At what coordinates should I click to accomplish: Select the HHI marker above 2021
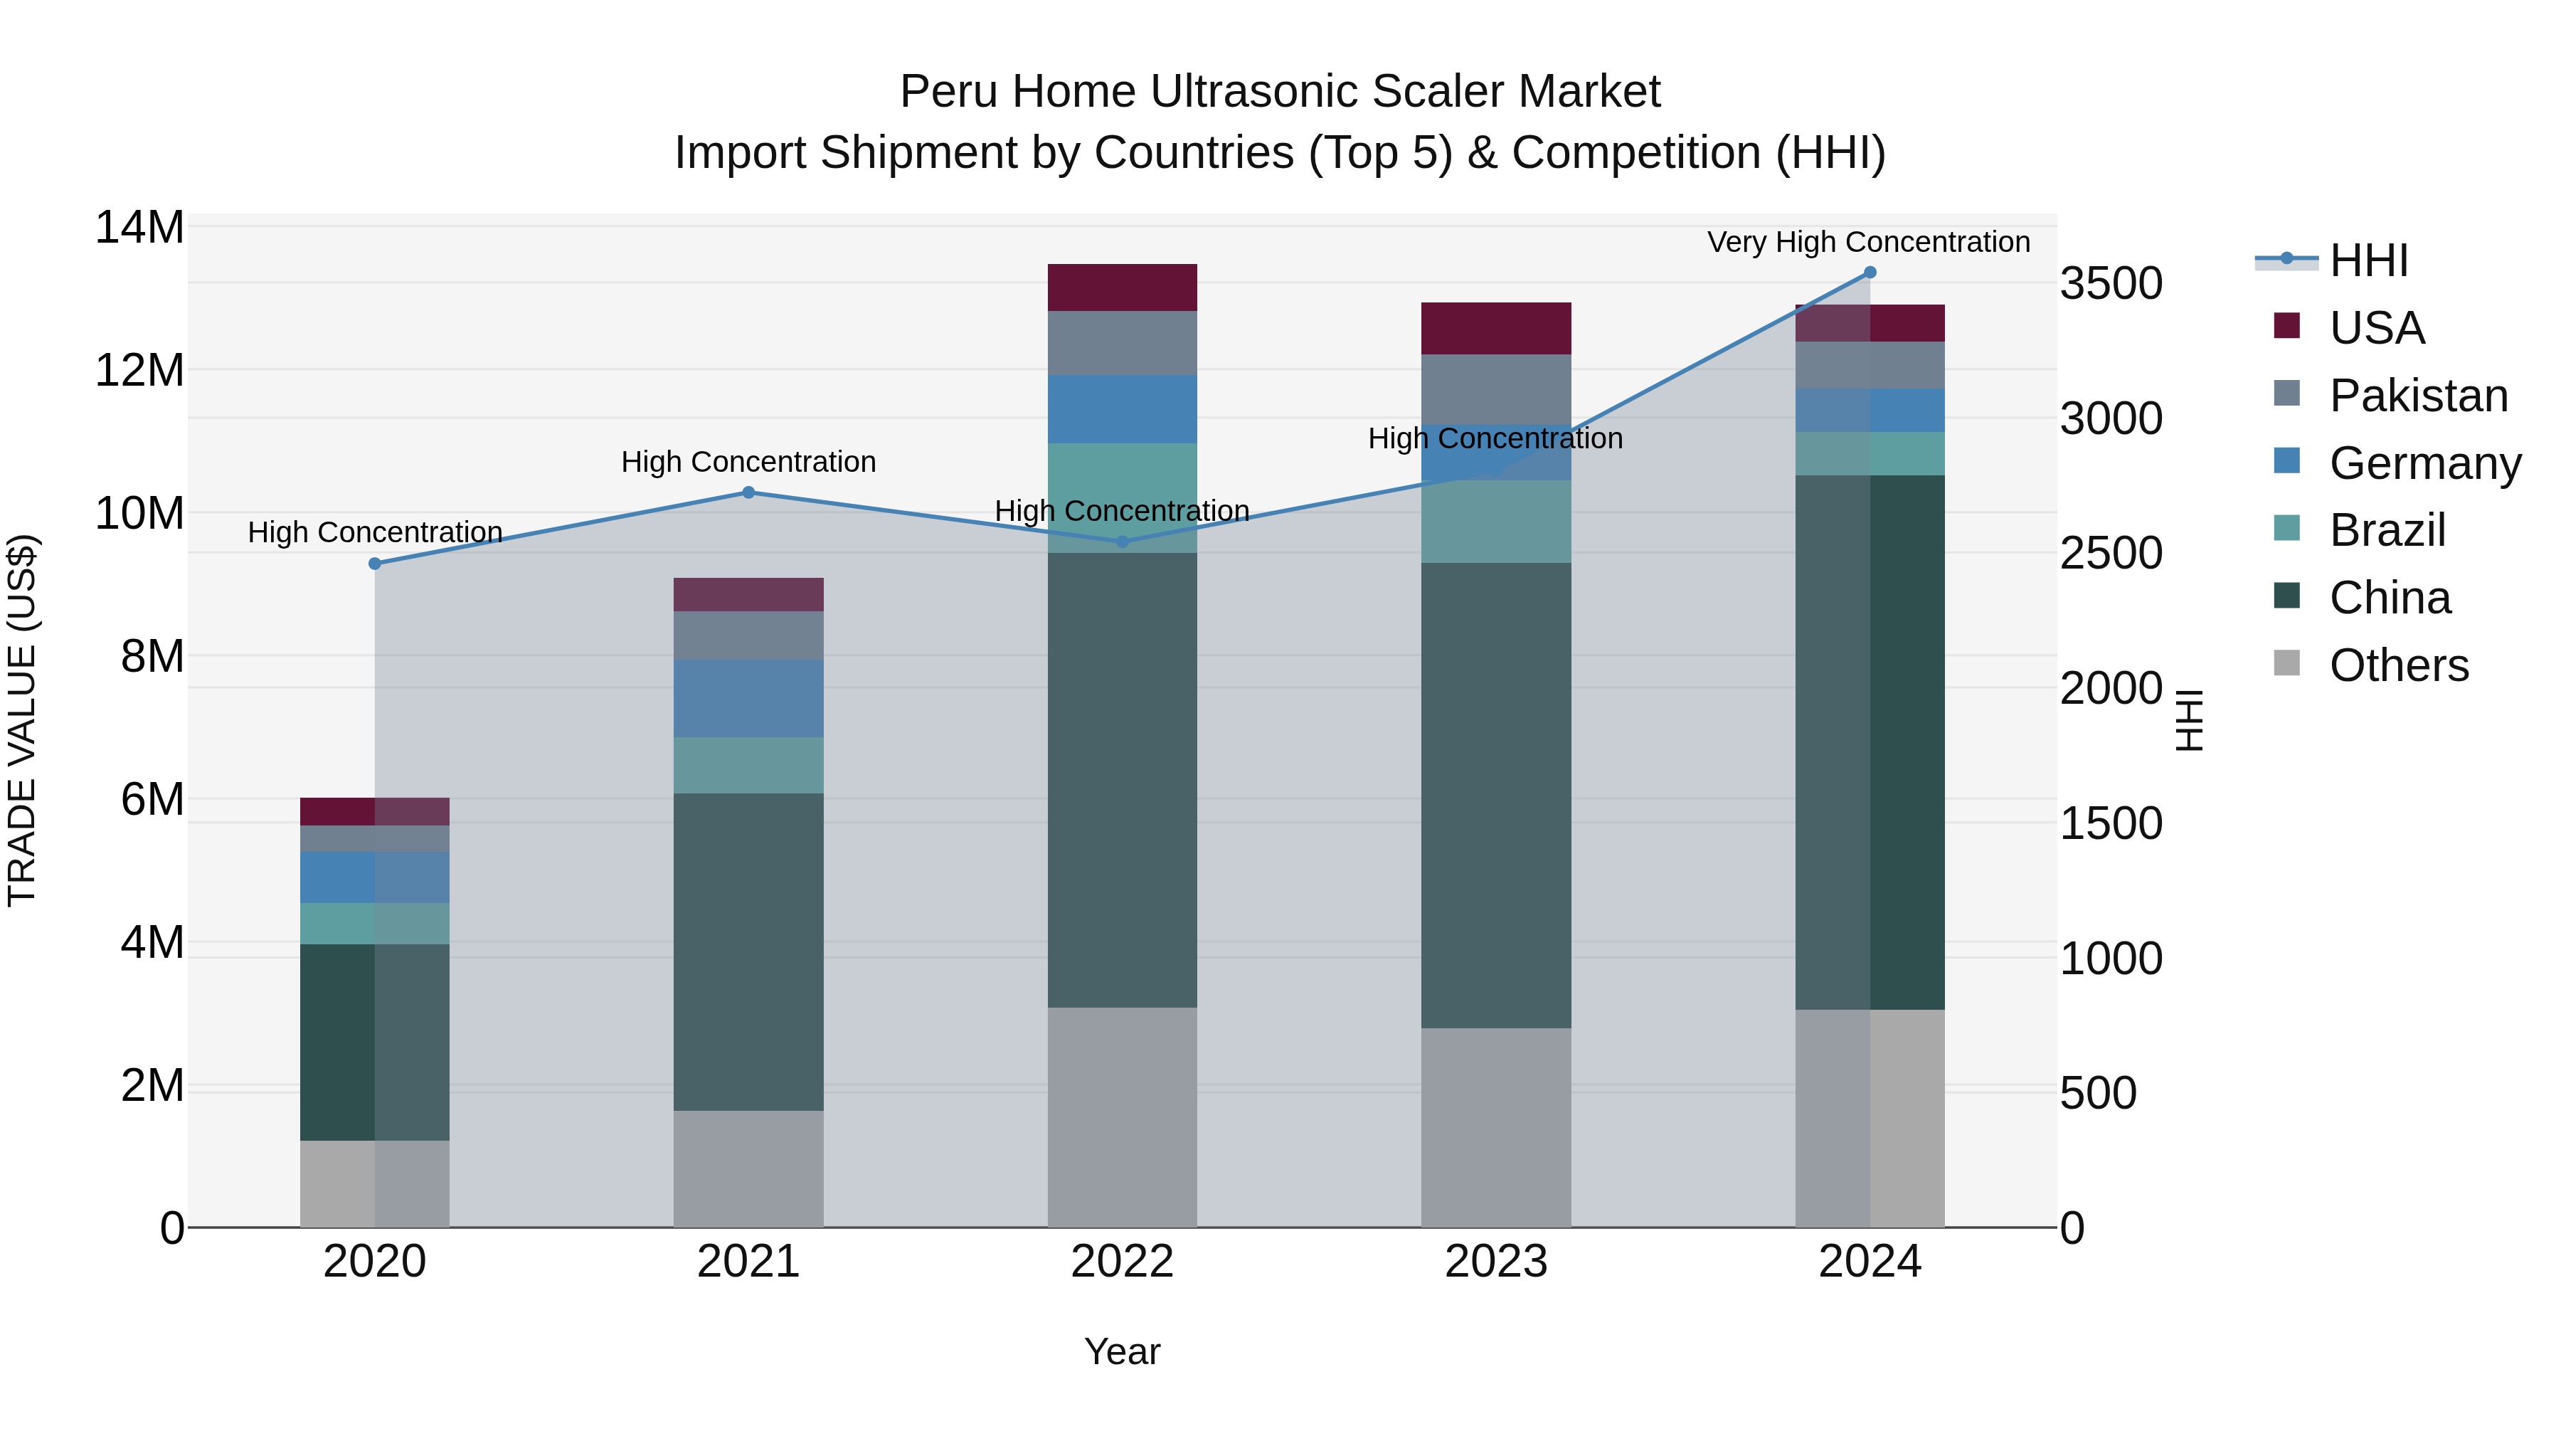pyautogui.click(x=748, y=492)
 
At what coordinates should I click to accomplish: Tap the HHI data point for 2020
pyautogui.click(x=375, y=564)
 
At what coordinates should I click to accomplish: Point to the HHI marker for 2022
pyautogui.click(x=1123, y=542)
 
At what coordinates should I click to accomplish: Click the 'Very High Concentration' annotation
pyautogui.click(x=1868, y=242)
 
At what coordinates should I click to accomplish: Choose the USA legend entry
pyautogui.click(x=2376, y=328)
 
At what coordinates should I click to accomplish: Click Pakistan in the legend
pyautogui.click(x=2418, y=396)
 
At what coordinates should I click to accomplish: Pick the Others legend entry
pyautogui.click(x=2398, y=665)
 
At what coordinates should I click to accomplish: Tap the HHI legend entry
pyautogui.click(x=2368, y=260)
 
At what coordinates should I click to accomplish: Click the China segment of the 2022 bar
pyautogui.click(x=1123, y=781)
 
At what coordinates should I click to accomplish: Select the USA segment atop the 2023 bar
pyautogui.click(x=1495, y=328)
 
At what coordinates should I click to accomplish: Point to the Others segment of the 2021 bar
pyautogui.click(x=748, y=1168)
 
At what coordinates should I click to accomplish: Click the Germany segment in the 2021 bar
pyautogui.click(x=748, y=698)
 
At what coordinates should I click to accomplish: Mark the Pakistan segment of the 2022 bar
pyautogui.click(x=1123, y=343)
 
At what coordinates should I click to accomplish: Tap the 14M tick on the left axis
pyautogui.click(x=139, y=228)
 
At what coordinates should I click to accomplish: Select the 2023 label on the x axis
pyautogui.click(x=1495, y=1262)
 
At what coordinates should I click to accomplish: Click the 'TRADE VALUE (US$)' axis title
pyautogui.click(x=22, y=720)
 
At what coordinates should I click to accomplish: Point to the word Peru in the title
pyautogui.click(x=945, y=92)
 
